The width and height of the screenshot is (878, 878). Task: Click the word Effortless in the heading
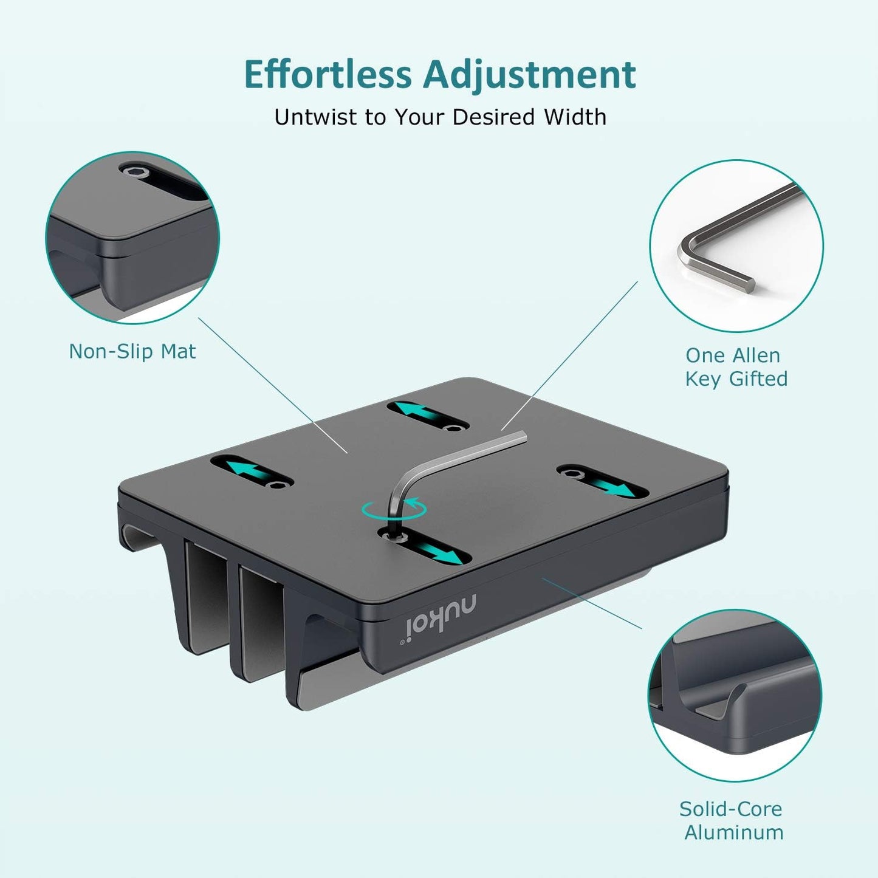pyautogui.click(x=328, y=75)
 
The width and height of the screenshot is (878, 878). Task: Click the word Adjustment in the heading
pyautogui.click(x=529, y=75)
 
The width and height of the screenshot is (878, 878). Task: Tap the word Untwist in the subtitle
pyautogui.click(x=316, y=117)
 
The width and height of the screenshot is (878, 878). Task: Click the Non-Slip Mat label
pyautogui.click(x=132, y=351)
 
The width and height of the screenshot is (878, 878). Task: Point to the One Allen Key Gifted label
pyautogui.click(x=736, y=367)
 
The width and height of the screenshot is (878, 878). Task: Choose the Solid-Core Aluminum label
pyautogui.click(x=732, y=820)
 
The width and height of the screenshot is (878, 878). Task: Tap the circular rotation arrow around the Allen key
pyautogui.click(x=394, y=510)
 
